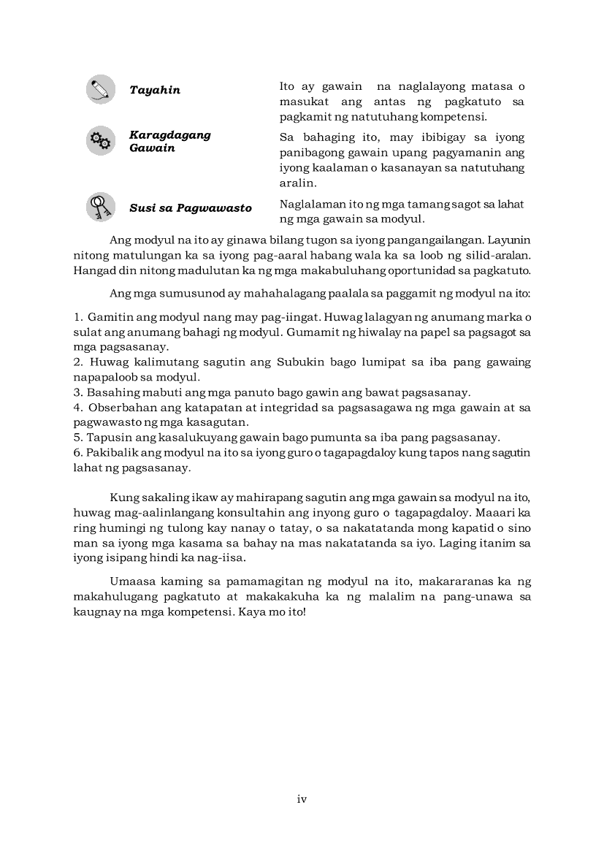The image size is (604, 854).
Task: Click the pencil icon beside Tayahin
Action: tap(100, 89)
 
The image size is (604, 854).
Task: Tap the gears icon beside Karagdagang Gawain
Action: tap(100, 140)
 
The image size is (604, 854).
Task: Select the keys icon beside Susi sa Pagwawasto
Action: tap(100, 207)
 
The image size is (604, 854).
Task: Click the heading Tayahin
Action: tap(155, 91)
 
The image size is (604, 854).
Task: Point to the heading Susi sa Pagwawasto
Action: tap(190, 208)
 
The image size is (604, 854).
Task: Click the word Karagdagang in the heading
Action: tap(169, 134)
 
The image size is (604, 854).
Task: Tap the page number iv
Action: tap(302, 799)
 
